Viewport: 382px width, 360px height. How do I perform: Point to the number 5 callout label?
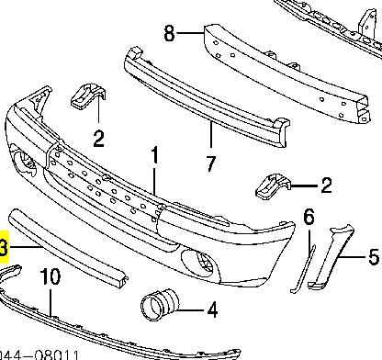tap(372, 257)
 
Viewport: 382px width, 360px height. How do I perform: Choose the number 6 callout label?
tap(309, 218)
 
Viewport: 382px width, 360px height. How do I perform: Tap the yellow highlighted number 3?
tap(4, 248)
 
